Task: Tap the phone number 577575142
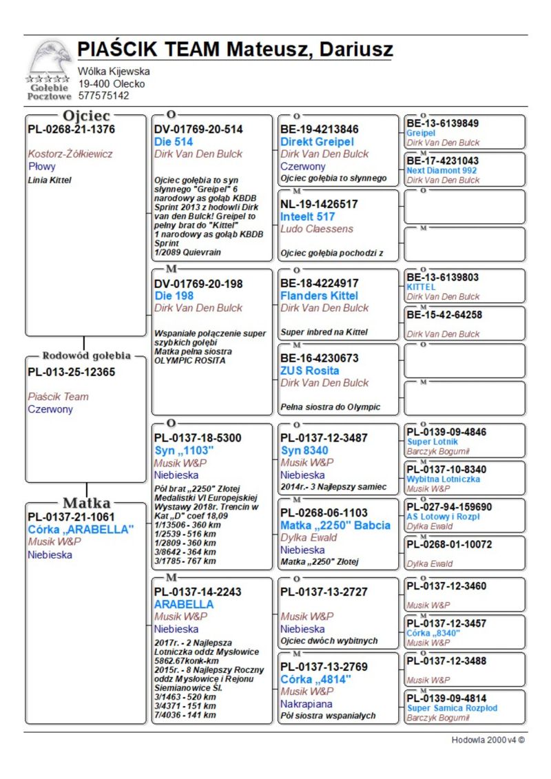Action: tap(103, 96)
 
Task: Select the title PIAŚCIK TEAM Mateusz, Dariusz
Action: tap(235, 50)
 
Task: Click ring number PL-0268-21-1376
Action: tap(71, 129)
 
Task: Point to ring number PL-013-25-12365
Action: tap(72, 372)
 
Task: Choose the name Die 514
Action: tap(174, 142)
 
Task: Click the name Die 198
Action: tap(174, 295)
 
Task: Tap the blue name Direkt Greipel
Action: tap(317, 142)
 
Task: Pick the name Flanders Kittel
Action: tap(320, 295)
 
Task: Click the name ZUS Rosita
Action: tap(310, 371)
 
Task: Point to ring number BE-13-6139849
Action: tap(443, 123)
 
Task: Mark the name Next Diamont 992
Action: tap(441, 170)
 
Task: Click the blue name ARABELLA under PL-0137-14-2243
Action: tap(184, 604)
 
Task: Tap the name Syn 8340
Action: tap(304, 450)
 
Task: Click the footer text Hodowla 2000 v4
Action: tap(488, 740)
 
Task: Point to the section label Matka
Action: tap(87, 501)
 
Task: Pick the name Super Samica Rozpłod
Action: tap(452, 708)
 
